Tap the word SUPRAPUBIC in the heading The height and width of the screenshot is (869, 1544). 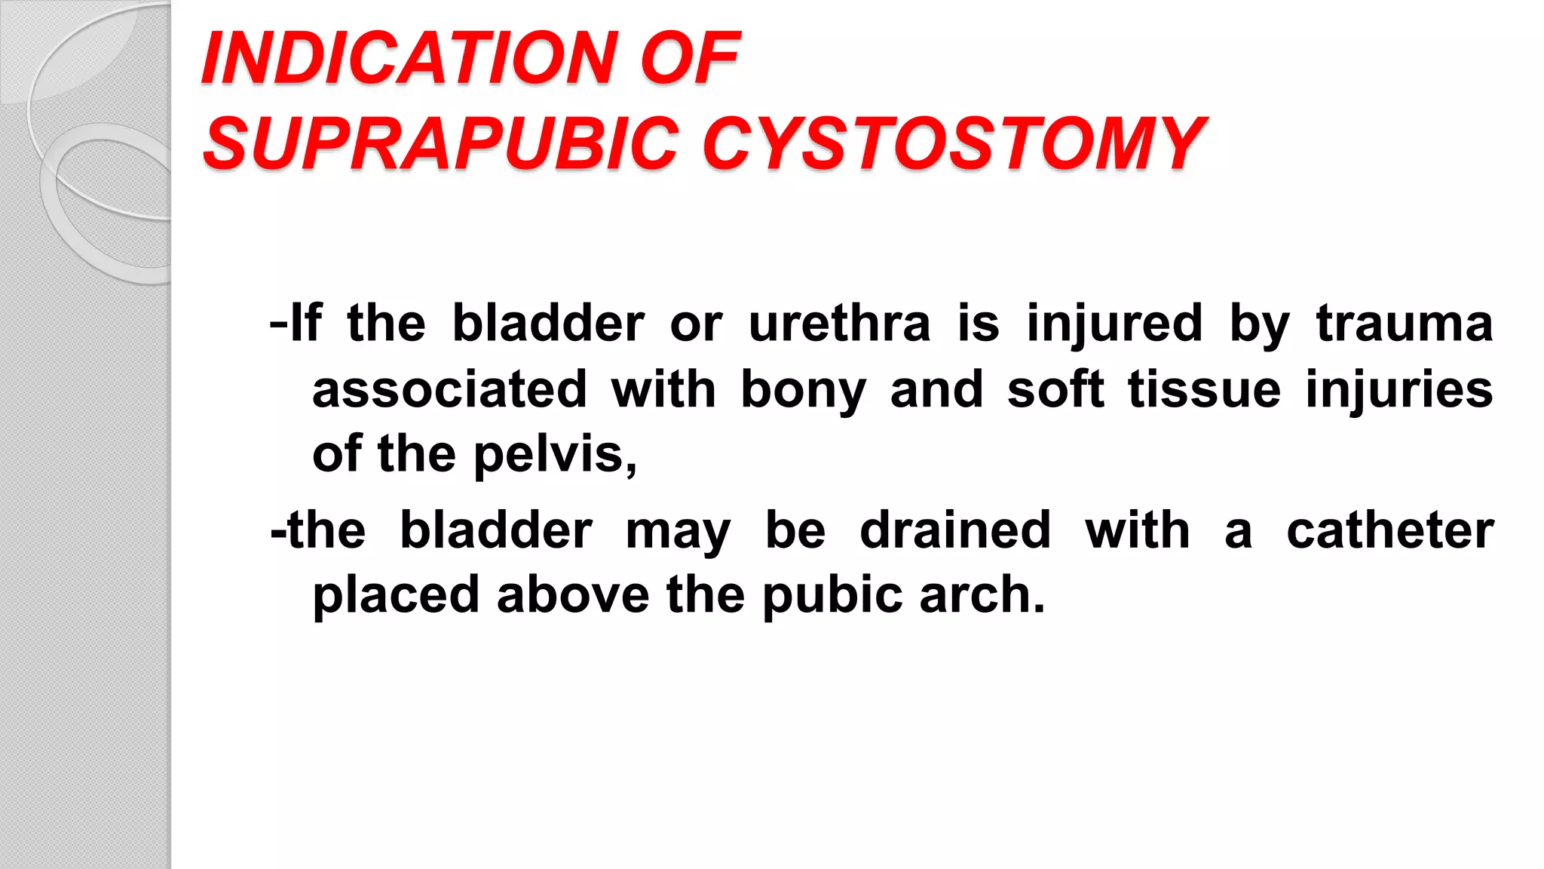(x=441, y=143)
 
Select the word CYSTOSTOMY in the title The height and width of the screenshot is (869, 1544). (x=954, y=143)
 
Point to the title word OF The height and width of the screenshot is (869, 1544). (x=690, y=58)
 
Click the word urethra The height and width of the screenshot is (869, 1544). (x=839, y=324)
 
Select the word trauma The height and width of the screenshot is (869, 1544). (x=1405, y=324)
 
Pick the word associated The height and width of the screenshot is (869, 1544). (x=449, y=389)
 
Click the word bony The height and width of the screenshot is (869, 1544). (x=803, y=391)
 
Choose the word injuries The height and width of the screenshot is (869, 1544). (x=1399, y=389)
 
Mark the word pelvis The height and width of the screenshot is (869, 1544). (x=554, y=455)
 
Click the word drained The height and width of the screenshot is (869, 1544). (x=955, y=530)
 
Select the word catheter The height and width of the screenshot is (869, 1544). (x=1389, y=530)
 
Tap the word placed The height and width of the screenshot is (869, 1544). (x=396, y=595)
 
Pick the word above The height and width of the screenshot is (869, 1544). (x=573, y=595)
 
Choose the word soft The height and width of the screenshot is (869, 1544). (x=1055, y=389)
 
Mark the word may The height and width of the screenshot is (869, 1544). (x=678, y=531)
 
